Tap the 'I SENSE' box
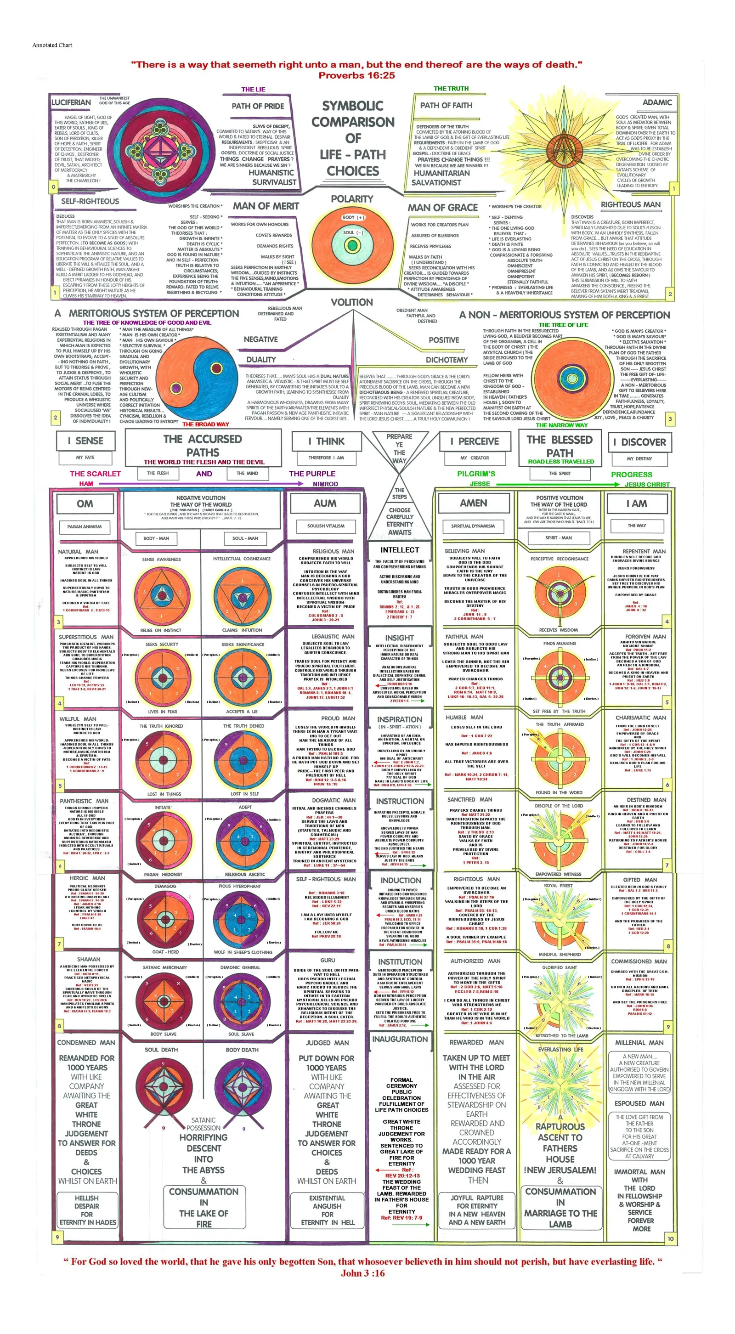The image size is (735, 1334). [85, 441]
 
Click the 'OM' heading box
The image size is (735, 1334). [85, 504]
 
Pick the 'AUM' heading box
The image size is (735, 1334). [325, 503]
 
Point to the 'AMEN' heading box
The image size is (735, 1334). [474, 503]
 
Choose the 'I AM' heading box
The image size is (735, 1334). [637, 503]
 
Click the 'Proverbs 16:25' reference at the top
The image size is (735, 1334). [356, 76]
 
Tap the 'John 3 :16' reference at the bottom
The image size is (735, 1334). [362, 1273]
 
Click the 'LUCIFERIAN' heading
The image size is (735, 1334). [71, 102]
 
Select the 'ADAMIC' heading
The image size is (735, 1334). [657, 102]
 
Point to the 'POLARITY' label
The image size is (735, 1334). [352, 199]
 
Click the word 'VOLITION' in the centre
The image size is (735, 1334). [352, 302]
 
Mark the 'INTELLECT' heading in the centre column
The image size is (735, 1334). [399, 550]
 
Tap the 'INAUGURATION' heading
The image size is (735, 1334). [400, 1040]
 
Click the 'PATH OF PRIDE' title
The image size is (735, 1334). [257, 106]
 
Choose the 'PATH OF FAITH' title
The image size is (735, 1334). [446, 106]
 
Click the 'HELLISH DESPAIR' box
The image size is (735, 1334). [86, 1210]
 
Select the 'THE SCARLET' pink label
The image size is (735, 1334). [95, 474]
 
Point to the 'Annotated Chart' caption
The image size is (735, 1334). [52, 45]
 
